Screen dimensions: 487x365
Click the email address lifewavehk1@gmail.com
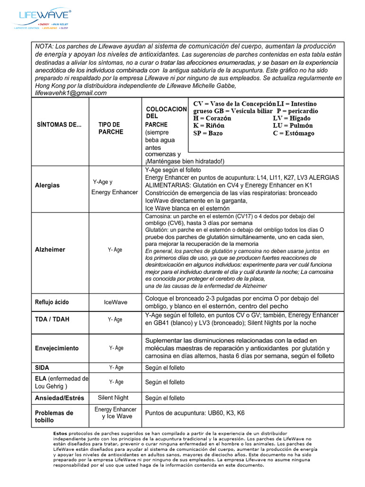[71, 93]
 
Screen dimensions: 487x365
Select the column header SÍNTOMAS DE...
[59, 125]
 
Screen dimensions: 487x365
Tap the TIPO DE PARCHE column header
[111, 128]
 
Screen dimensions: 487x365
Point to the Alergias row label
[48, 185]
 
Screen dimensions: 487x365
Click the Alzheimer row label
[50, 249]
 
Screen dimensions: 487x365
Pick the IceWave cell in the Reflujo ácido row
[115, 302]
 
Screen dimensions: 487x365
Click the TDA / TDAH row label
[52, 319]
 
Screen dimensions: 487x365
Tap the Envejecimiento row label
[57, 348]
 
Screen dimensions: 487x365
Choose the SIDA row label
[42, 368]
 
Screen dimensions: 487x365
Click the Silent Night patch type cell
[113, 398]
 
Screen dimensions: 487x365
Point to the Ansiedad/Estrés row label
[60, 398]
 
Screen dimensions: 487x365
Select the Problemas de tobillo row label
[54, 417]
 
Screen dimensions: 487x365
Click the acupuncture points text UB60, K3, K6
[195, 413]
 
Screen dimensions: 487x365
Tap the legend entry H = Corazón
[212, 118]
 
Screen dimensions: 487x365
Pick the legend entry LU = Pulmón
[293, 126]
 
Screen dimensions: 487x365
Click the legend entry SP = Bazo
[208, 133]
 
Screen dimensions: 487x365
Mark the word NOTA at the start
[44, 46]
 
